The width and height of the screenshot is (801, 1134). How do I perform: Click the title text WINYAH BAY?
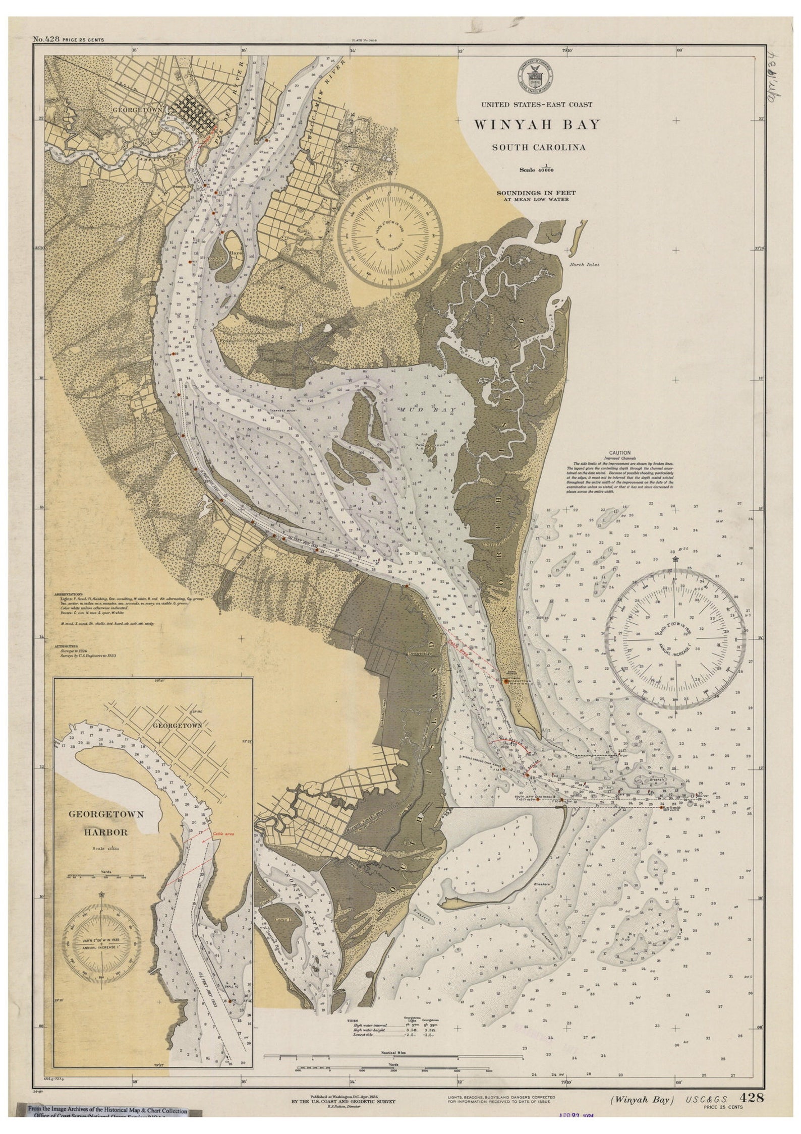click(x=536, y=124)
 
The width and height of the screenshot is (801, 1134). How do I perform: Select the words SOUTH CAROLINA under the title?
click(x=539, y=148)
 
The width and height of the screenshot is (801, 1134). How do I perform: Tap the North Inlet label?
click(x=584, y=264)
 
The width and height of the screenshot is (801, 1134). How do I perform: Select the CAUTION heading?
click(x=620, y=453)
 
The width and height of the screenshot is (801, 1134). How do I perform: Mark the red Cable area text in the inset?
click(x=223, y=834)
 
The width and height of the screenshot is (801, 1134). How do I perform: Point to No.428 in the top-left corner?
click(x=46, y=39)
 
